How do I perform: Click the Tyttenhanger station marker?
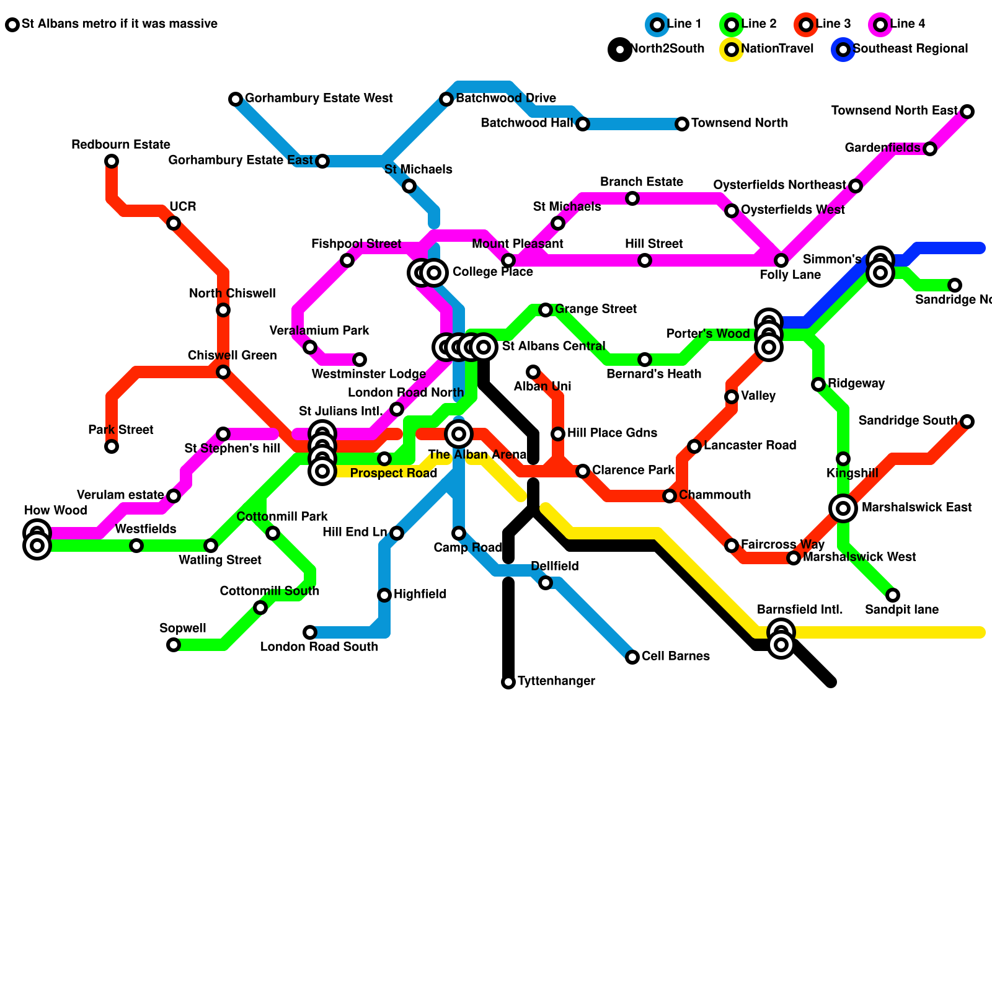pos(508,682)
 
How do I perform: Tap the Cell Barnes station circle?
pos(632,657)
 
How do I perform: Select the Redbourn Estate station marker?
pos(112,161)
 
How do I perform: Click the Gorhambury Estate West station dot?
pos(236,99)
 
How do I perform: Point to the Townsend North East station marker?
pos(967,112)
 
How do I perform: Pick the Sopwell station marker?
pos(174,645)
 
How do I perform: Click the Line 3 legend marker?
pos(806,25)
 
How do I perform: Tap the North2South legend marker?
pos(620,50)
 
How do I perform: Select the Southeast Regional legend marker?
pos(843,50)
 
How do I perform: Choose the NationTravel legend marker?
pos(732,50)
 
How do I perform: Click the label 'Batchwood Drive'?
pos(505,99)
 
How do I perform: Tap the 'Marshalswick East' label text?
pos(916,508)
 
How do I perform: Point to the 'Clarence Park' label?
pos(632,471)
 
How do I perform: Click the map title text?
pos(119,24)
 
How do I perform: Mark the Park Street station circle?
pos(112,446)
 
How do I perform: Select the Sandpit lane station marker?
pos(893,595)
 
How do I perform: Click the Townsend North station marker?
pos(682,124)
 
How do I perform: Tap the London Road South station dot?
pos(310,632)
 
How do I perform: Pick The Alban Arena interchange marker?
pos(459,434)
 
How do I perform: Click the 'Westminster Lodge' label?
pos(368,374)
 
